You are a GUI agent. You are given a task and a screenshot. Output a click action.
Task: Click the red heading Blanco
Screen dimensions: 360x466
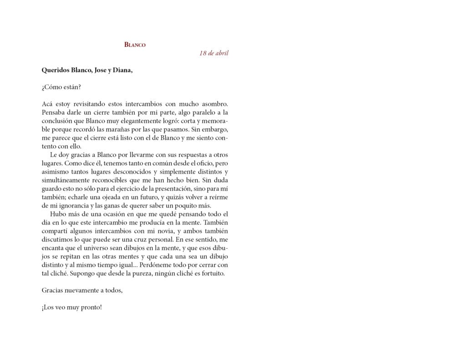135,45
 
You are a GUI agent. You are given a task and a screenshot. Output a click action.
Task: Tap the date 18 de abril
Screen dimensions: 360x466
213,53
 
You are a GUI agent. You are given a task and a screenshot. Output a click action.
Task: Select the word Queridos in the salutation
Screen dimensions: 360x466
56,70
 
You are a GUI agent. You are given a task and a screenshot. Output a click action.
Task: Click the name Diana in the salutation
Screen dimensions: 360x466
122,70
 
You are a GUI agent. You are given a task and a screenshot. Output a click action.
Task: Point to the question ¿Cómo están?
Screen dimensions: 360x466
61,87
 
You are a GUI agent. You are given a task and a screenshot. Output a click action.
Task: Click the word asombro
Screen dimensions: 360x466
213,104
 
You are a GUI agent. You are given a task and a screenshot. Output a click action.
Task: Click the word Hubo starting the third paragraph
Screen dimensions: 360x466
58,213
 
